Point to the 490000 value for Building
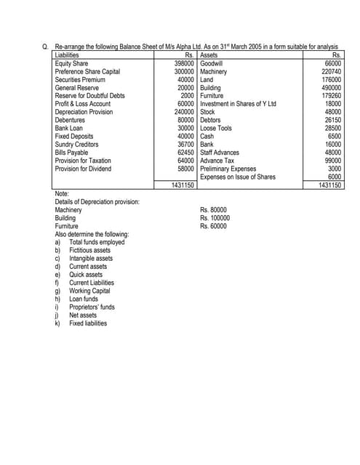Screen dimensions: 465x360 click(332, 88)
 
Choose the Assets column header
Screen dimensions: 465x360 click(209, 55)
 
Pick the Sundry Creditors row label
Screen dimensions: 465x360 click(75, 144)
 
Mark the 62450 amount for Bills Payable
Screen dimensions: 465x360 click(185, 152)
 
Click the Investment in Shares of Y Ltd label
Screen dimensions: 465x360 click(238, 104)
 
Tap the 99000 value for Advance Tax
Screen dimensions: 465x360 click(333, 160)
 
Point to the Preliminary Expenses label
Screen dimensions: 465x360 click(228, 168)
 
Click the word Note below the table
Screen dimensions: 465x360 click(63, 193)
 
